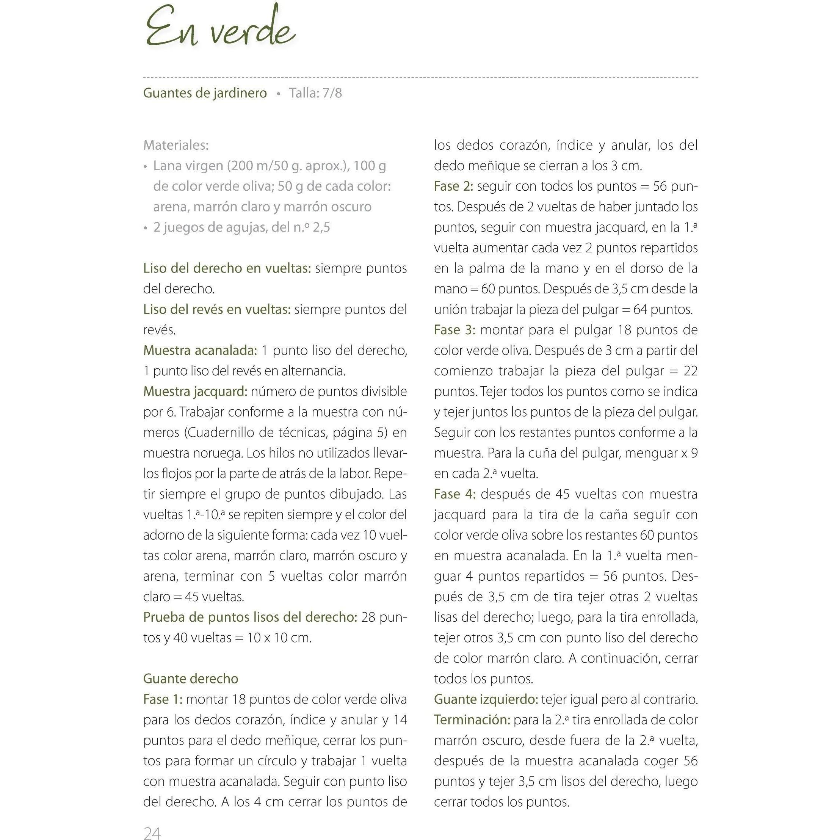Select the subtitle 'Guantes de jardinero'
205,93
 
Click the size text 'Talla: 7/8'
315,93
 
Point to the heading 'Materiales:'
176,145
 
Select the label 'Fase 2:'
453,186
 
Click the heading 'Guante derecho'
191,679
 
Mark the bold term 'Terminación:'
472,719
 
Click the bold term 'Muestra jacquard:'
195,391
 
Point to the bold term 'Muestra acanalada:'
200,350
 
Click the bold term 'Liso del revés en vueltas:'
216,309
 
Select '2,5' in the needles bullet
321,227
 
